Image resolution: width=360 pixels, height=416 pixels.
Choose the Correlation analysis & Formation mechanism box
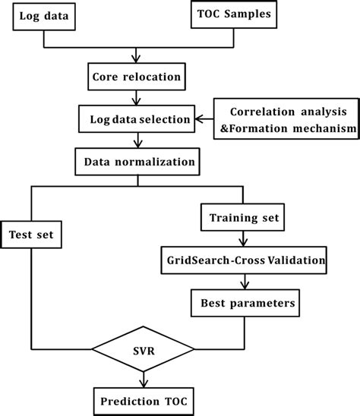[288, 118]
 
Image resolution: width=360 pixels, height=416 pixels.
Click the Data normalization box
[137, 161]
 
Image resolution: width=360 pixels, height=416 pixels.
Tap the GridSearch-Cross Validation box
[244, 260]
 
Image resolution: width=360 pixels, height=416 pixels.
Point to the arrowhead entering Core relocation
[137, 61]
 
